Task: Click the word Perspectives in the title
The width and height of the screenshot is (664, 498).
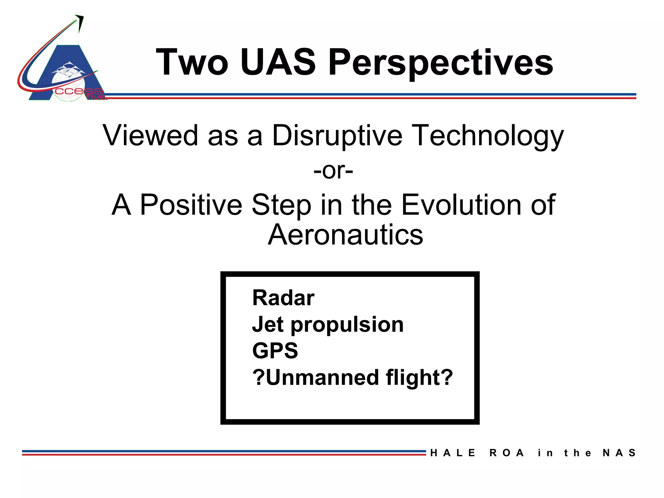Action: [x=441, y=62]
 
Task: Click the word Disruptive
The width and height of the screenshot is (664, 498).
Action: [x=337, y=136]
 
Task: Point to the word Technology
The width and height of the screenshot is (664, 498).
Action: [x=489, y=136]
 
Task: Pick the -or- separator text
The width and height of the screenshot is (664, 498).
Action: [x=333, y=171]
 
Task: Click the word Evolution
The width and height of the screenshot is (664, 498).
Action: [x=461, y=205]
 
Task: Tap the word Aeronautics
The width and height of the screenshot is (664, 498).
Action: [x=345, y=235]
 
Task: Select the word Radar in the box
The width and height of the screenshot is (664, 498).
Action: [x=283, y=298]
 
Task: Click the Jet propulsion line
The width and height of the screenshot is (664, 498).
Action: [x=327, y=325]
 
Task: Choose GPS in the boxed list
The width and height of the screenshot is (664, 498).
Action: [x=275, y=351]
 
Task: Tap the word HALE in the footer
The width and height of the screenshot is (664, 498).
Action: [x=453, y=453]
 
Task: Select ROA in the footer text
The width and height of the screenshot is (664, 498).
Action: [x=506, y=453]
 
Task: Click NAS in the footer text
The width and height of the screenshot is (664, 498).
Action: [x=619, y=453]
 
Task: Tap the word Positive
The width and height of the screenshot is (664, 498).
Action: [x=191, y=205]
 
